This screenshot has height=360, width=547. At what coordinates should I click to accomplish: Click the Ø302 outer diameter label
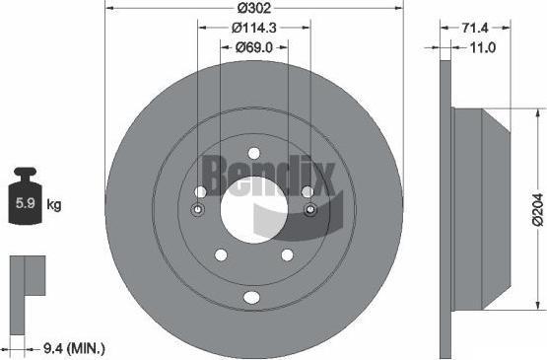click(254, 8)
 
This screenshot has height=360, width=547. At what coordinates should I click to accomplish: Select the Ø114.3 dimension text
click(254, 28)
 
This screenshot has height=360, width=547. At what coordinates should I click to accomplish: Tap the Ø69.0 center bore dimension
click(254, 47)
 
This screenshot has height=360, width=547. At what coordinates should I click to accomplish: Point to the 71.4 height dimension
click(475, 28)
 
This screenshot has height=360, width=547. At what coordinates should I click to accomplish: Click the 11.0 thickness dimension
click(483, 47)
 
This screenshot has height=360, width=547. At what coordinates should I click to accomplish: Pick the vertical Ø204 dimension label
click(538, 210)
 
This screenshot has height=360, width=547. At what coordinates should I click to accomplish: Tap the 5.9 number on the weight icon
click(26, 203)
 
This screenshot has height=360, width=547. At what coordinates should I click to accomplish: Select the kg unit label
click(54, 204)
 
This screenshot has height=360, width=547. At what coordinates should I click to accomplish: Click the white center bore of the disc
click(254, 210)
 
